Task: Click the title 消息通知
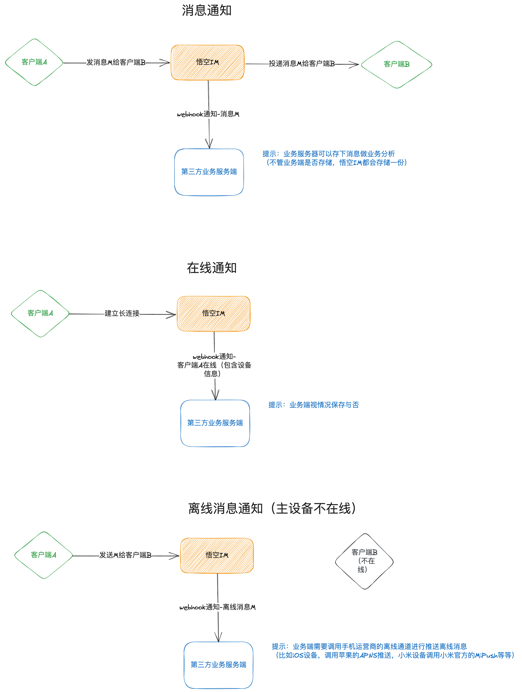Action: (206, 10)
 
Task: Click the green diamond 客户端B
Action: (396, 65)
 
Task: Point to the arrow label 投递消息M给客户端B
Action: (302, 64)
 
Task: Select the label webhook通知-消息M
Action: (208, 114)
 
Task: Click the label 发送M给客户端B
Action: (125, 555)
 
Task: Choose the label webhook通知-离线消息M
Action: (217, 607)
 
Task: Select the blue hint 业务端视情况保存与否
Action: (314, 405)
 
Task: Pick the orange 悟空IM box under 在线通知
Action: (214, 313)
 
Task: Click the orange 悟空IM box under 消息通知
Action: (208, 63)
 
